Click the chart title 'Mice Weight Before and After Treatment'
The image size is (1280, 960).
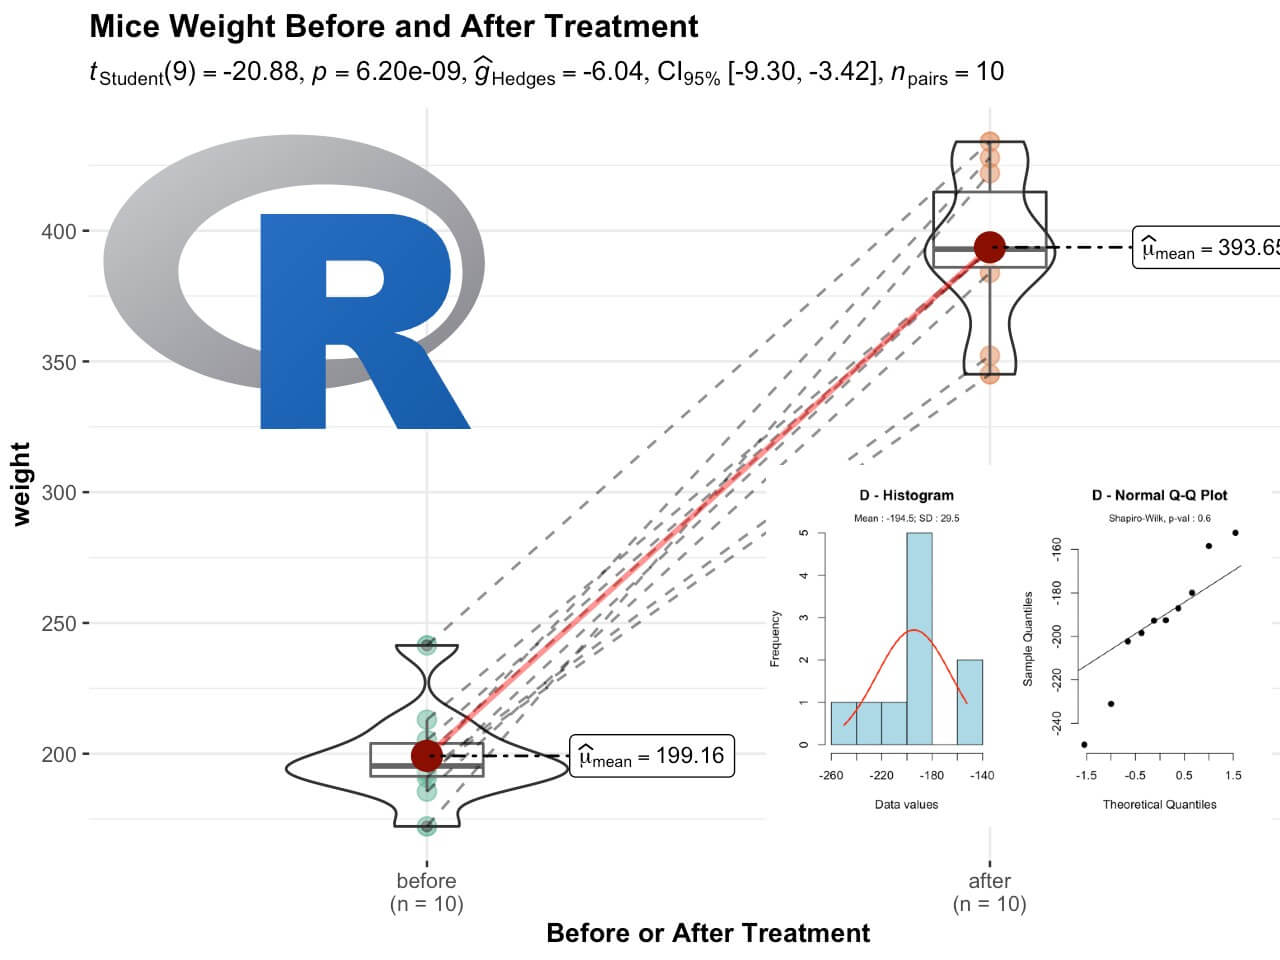tap(394, 26)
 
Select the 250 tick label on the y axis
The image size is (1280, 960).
tap(59, 624)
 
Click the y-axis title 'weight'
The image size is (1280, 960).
tap(21, 483)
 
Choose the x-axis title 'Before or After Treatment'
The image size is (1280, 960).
tap(708, 933)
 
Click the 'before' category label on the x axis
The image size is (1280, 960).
tap(426, 881)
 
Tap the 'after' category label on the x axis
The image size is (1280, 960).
tap(989, 881)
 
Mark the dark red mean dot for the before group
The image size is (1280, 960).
tap(427, 755)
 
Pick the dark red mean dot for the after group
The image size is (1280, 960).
tap(989, 246)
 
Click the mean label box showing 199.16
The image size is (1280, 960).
tap(652, 756)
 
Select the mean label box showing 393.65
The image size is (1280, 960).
tap(1208, 247)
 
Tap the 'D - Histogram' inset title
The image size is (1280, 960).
tap(906, 495)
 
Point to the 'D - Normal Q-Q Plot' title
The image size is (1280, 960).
tap(1159, 495)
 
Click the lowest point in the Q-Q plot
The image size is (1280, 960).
tap(1085, 744)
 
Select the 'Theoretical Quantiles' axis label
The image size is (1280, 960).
tap(1159, 804)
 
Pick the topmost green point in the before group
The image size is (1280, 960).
tap(427, 644)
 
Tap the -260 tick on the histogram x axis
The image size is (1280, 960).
tap(831, 775)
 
